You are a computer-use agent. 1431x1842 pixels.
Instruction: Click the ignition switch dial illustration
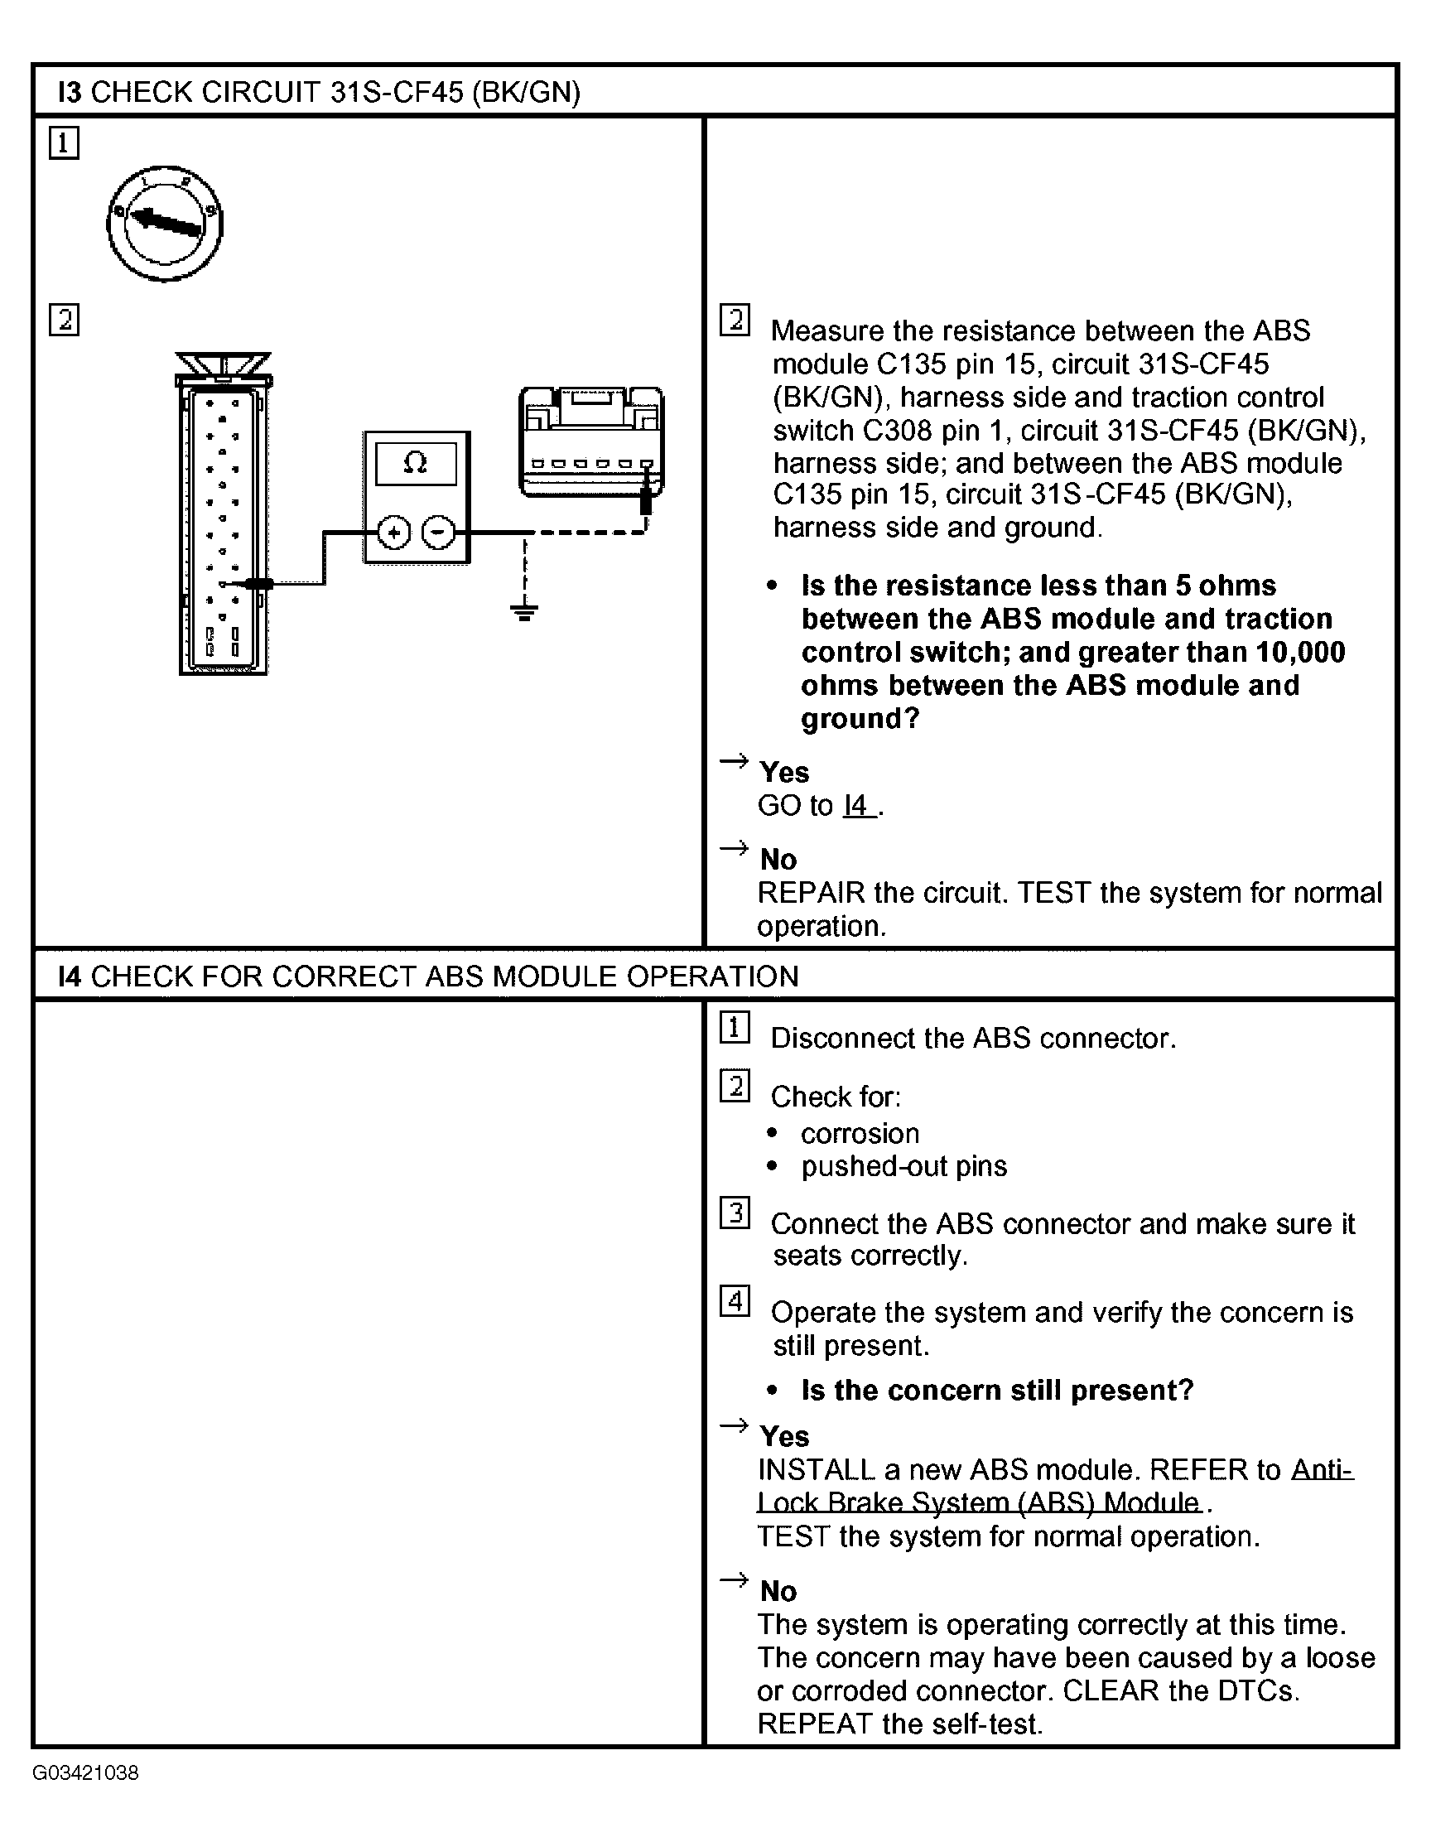pos(165,224)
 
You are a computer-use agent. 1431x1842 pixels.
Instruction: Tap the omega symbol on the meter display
pos(415,462)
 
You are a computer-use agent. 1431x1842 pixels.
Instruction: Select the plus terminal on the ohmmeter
pos(393,533)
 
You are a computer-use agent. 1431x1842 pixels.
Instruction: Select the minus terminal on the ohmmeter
pos(437,533)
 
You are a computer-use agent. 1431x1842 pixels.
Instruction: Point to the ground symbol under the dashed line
pos(523,611)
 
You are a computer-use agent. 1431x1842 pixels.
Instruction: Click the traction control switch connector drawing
pos(591,442)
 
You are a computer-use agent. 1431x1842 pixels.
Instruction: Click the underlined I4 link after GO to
pos(857,805)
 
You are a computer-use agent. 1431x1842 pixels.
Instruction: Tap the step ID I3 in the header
pos(69,92)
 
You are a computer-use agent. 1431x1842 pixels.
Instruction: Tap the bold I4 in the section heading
pos(69,976)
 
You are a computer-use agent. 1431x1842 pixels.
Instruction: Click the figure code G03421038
pos(85,1772)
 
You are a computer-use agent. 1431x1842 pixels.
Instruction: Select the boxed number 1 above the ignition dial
pos(64,142)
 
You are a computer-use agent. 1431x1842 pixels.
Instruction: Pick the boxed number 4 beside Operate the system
pos(735,1301)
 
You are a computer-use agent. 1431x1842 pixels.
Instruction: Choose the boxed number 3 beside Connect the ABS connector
pos(735,1213)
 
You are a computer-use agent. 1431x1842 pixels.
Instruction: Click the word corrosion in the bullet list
pos(860,1134)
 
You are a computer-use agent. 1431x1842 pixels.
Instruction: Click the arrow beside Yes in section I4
pos(734,1426)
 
